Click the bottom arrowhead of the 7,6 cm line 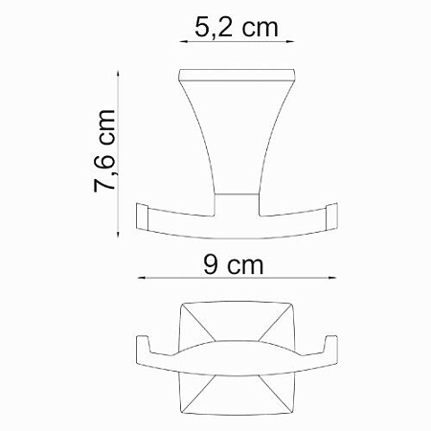point(119,231)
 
